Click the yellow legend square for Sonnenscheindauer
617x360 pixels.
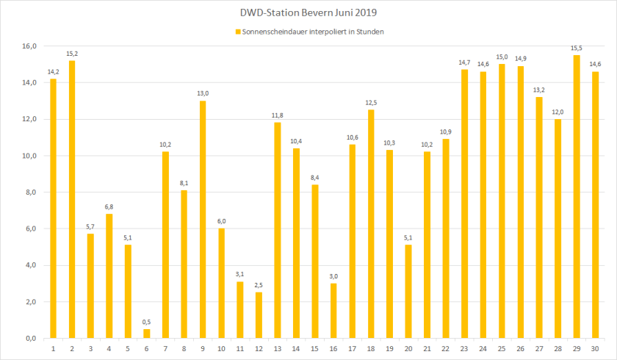pos(237,32)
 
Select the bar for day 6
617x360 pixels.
pos(146,334)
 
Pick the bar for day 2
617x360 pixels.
pos(71,199)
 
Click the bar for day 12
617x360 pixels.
pos(259,315)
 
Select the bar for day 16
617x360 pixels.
pos(333,311)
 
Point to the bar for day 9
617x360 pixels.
pos(203,220)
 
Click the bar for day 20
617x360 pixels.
pos(408,292)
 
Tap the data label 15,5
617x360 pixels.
pos(577,48)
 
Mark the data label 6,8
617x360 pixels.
pos(109,207)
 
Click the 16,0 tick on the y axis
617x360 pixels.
pos(29,46)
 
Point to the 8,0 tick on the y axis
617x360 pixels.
pos(30,192)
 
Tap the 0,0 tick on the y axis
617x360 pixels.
pos(30,339)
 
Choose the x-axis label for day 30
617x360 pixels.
pos(595,348)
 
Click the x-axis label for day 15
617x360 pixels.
pos(314,348)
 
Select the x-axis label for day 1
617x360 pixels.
pos(53,348)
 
